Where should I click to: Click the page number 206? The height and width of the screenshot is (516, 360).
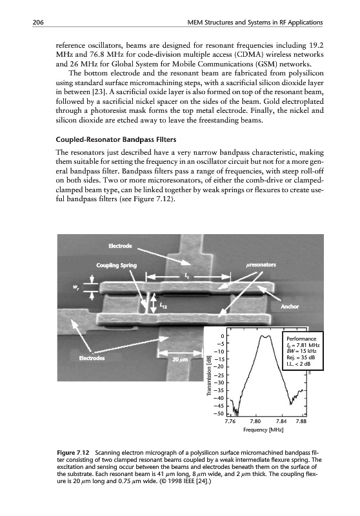(38, 23)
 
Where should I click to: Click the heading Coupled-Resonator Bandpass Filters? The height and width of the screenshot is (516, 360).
(116, 139)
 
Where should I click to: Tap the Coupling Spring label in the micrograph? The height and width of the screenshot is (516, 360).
(117, 265)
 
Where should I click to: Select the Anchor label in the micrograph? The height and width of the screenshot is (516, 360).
(290, 306)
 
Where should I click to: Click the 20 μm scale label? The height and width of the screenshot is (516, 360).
(180, 359)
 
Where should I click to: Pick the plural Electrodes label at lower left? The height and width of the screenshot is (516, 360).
(92, 358)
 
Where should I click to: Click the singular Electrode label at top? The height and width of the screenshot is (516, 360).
(121, 246)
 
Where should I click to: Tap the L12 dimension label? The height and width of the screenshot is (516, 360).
(163, 306)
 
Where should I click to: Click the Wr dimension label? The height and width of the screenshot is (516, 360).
(75, 288)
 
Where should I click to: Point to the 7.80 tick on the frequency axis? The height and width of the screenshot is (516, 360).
(255, 421)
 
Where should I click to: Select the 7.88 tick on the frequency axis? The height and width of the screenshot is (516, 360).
(301, 421)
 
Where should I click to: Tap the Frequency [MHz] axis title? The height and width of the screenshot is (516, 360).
(263, 430)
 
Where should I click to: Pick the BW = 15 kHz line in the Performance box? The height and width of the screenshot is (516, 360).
(297, 351)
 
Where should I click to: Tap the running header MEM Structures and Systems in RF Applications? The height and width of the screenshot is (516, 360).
(255, 23)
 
